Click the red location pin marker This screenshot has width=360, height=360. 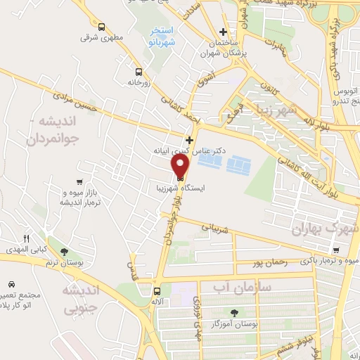tap(181, 166)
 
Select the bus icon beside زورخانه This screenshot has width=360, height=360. tap(139, 72)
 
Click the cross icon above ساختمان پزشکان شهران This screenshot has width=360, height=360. tap(224, 32)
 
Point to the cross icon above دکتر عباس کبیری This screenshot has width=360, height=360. tap(188, 140)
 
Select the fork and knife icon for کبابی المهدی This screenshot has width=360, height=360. tap(27, 239)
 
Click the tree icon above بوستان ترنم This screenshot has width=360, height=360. tap(64, 252)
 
